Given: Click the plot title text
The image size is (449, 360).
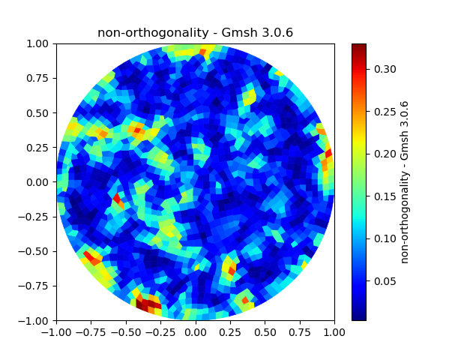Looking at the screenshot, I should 195,33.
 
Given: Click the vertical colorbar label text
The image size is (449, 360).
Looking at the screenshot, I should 405,181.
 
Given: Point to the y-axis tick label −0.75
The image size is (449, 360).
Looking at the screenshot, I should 36,286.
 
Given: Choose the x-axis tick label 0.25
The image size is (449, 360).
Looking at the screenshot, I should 230,331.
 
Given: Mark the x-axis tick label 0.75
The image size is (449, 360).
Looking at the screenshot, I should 300,331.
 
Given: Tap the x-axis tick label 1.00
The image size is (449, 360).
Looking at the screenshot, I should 334,331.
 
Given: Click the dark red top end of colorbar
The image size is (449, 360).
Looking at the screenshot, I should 359,46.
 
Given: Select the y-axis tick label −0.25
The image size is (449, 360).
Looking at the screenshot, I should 36,217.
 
